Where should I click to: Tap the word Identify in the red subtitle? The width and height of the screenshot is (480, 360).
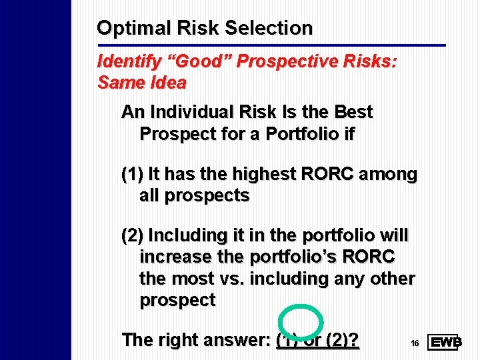pos(121,62)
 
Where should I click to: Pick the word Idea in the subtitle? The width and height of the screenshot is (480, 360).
pos(169,83)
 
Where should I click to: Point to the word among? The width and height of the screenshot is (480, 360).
pos(389,175)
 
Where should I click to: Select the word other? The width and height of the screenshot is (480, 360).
pos(396,278)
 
